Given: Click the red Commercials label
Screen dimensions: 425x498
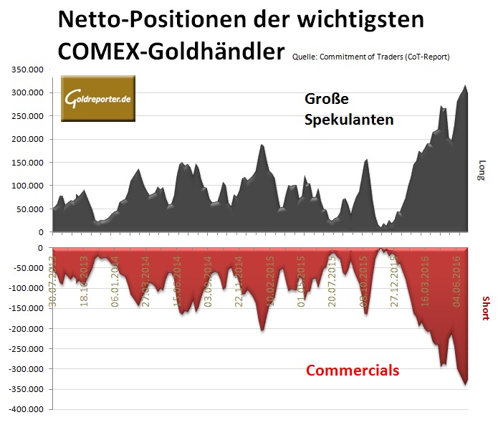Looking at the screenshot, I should [353, 371].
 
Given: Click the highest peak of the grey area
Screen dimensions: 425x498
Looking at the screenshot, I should [465, 86].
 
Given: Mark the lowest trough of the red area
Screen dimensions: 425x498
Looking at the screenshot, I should [465, 385].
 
